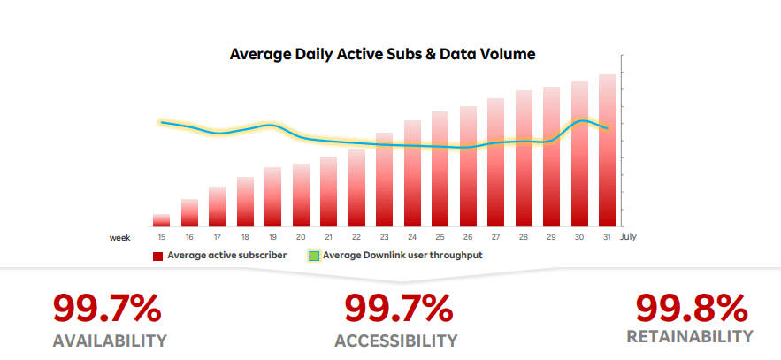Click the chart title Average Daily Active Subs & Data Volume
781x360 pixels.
(382, 55)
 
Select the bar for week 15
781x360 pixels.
(161, 220)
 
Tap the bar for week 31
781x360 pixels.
(607, 150)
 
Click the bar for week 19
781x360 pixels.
(272, 196)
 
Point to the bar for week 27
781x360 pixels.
(495, 163)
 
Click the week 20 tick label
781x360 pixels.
(301, 237)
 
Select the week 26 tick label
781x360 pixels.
(468, 237)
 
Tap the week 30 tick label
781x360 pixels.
(579, 237)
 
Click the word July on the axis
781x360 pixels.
(628, 237)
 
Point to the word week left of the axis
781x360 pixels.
(120, 237)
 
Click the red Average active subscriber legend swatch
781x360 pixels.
(157, 257)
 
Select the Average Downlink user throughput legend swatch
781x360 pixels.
(313, 257)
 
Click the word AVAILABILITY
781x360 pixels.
(110, 341)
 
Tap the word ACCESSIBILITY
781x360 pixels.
(396, 341)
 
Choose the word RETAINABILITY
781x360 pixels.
(690, 337)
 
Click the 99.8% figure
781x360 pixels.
(692, 308)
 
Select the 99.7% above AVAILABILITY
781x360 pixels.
(107, 309)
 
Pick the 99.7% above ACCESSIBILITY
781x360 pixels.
(398, 309)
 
